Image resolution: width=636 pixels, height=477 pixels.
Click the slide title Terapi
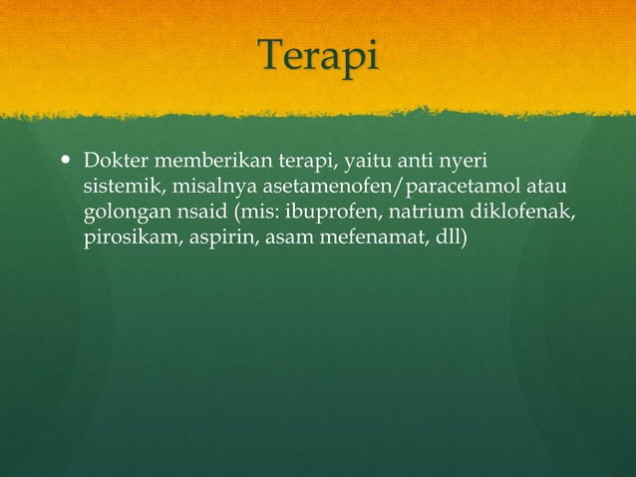point(318,57)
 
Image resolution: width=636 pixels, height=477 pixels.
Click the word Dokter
point(112,162)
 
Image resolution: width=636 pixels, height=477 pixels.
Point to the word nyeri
point(466,162)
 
